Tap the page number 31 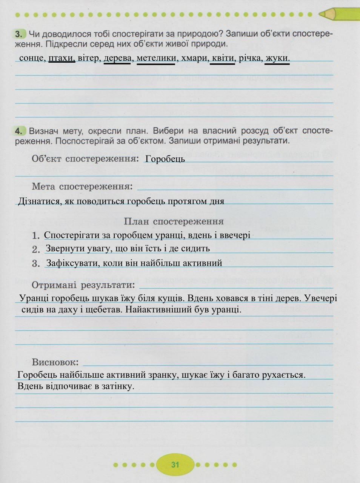tap(175, 465)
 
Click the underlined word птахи tap(62, 58)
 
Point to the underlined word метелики tap(156, 58)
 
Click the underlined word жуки tap(277, 58)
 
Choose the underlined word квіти tap(223, 58)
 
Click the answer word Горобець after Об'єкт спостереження tap(165, 159)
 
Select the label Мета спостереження tap(82, 186)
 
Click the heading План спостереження tap(174, 222)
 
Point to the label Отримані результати tap(83, 285)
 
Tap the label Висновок tap(55, 362)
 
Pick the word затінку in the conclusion tap(117, 386)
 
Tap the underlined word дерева tap(117, 58)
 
